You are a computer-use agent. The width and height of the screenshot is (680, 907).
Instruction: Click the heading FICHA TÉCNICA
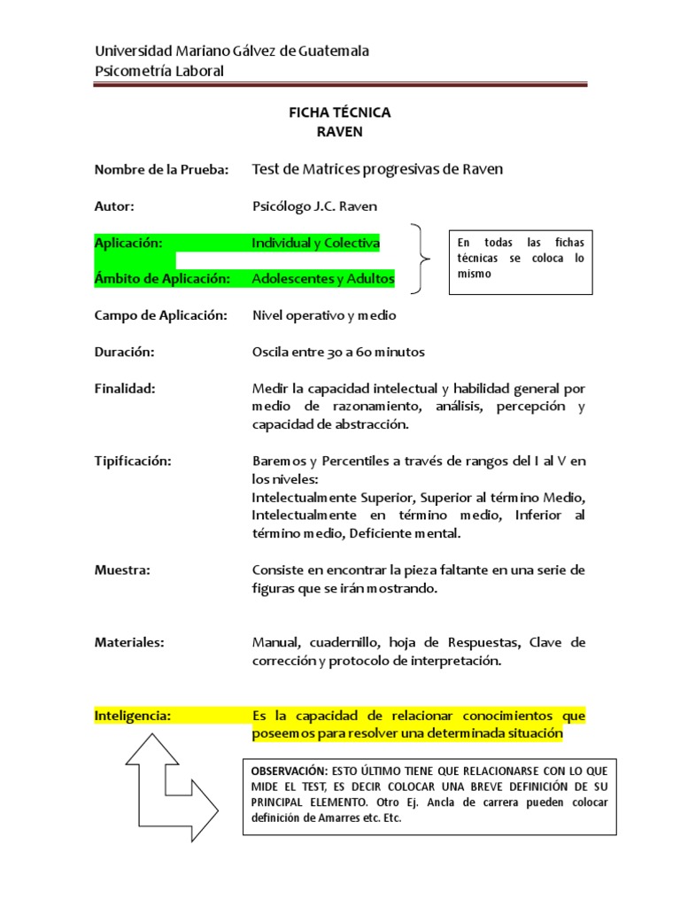[x=340, y=113]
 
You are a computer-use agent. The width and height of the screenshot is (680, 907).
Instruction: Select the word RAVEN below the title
[x=340, y=132]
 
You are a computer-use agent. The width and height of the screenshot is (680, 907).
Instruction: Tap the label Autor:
[x=114, y=206]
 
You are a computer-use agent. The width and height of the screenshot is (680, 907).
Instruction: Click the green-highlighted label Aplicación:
[x=128, y=243]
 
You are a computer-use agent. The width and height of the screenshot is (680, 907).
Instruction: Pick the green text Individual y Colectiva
[x=316, y=243]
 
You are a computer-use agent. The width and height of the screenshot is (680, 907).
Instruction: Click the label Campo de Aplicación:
[x=161, y=315]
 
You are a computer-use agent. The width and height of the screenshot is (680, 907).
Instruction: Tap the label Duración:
[x=125, y=352]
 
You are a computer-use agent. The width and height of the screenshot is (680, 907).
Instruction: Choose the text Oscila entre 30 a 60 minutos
[x=338, y=352]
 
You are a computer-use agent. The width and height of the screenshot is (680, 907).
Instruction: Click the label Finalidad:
[x=125, y=388]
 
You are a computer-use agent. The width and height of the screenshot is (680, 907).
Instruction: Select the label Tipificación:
[x=132, y=461]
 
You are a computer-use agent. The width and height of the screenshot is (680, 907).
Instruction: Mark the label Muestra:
[x=122, y=570]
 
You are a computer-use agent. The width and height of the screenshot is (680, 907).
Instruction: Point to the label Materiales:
[x=129, y=642]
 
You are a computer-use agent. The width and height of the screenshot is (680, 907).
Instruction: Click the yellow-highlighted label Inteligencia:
[x=133, y=715]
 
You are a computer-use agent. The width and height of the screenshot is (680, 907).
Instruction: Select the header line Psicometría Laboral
[x=159, y=71]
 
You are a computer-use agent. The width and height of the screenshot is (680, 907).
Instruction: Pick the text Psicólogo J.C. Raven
[x=314, y=206]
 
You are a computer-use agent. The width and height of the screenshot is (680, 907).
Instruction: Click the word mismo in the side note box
[x=474, y=275]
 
